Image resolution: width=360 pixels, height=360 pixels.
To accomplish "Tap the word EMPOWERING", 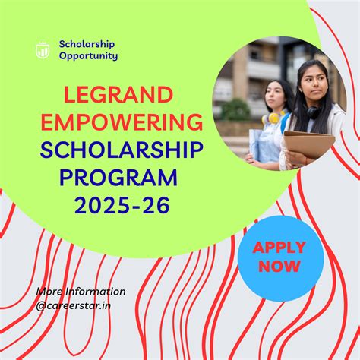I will coord(122,123).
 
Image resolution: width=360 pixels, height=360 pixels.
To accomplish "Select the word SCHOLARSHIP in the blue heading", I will coord(122,150).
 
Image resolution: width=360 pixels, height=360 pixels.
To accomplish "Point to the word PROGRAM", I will coord(118,178).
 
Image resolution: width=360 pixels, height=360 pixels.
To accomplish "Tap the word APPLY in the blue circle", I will coord(279,248).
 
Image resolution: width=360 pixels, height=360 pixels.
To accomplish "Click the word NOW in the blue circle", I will coord(279,267).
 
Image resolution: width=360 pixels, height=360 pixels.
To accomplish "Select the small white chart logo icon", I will coord(43,49).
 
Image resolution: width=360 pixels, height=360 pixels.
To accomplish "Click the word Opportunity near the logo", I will coord(88,56).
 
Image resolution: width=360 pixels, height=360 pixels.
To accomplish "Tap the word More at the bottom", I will coord(49,292).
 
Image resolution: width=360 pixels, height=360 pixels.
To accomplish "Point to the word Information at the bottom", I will coord(96,292).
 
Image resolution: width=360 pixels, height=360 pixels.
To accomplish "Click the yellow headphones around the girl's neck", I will coord(271,118).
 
